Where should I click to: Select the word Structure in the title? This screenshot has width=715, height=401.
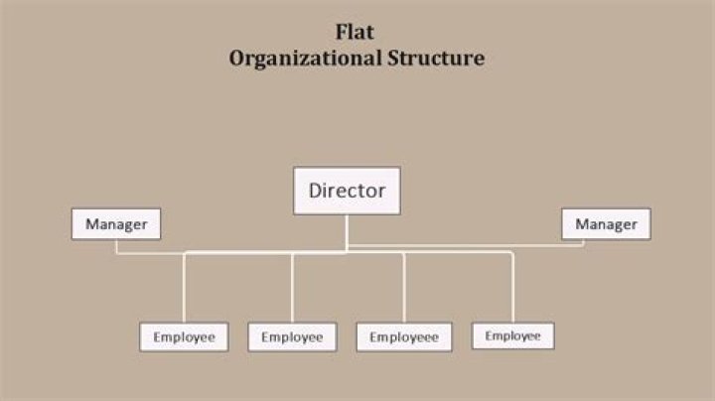point(433,58)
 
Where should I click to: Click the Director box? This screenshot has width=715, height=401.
point(347,191)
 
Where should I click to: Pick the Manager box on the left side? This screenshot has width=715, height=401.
point(115,224)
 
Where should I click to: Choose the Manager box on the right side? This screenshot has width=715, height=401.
point(606,224)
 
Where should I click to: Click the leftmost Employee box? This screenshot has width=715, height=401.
point(184,337)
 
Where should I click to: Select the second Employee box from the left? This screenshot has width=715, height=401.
point(292,337)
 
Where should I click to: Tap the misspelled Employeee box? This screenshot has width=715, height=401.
point(403,337)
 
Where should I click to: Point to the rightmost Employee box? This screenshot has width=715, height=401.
point(512,335)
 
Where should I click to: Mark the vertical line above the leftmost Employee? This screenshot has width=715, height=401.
point(184,288)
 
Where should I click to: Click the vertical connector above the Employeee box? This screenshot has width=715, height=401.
point(403,288)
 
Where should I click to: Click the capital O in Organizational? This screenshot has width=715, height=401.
point(237,58)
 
